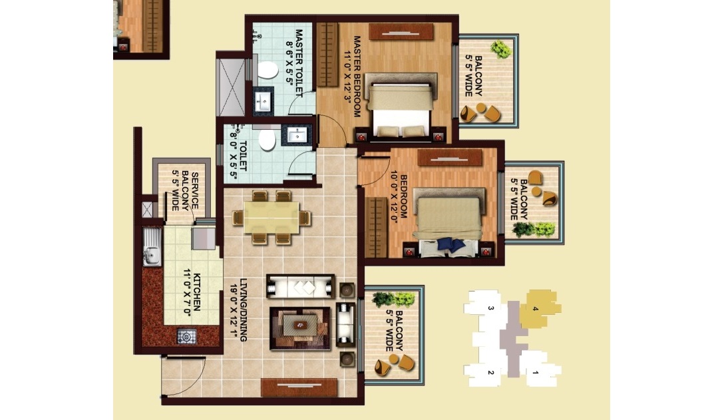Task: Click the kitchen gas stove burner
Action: pos(186,336)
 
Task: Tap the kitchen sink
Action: pos(152,247)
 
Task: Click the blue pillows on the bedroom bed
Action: pos(452,244)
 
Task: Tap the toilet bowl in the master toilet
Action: pos(268,71)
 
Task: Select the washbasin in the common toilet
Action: pos(297,134)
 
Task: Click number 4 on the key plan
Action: pos(535,309)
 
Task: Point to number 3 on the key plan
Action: pos(491,308)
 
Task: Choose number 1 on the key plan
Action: pos(536,373)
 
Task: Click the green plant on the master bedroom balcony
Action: pos(500,49)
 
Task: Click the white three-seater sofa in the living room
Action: pos(300,286)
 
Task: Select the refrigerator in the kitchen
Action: pos(204,238)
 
